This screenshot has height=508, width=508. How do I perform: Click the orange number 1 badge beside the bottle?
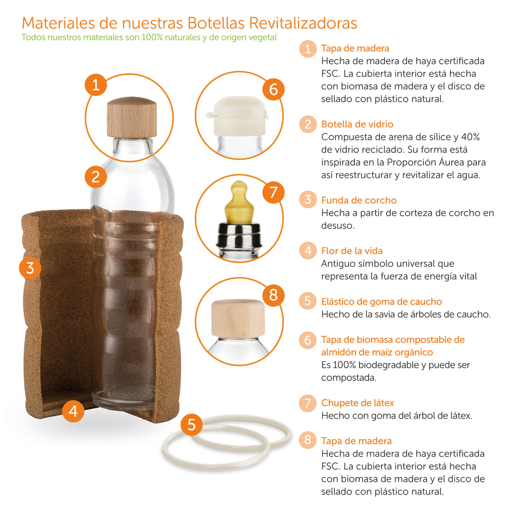click(x=96, y=85)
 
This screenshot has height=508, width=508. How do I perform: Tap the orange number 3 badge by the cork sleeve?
click(x=30, y=268)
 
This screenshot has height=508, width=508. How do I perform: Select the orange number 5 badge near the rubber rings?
click(x=192, y=425)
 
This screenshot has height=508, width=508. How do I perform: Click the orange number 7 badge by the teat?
click(x=272, y=192)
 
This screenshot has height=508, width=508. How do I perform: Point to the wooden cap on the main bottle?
click(x=132, y=117)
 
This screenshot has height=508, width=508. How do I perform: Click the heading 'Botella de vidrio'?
click(x=357, y=124)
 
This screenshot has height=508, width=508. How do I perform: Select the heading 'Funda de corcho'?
click(x=359, y=200)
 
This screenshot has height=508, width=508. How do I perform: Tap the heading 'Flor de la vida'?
click(x=352, y=251)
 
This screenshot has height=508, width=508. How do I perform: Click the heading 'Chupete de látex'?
click(x=358, y=403)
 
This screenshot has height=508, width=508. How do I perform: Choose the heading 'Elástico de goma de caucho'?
click(x=381, y=302)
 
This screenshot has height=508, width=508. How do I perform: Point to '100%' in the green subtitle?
click(x=153, y=38)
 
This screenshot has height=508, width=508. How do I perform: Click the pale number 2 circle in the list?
click(x=308, y=124)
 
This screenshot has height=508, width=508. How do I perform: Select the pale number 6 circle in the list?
click(x=308, y=340)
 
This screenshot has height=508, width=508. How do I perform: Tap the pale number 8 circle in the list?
click(x=308, y=441)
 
